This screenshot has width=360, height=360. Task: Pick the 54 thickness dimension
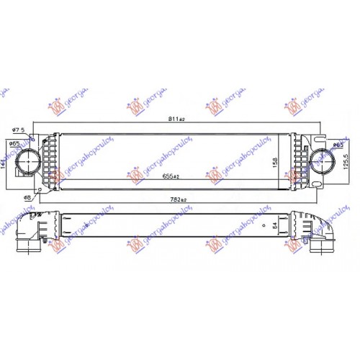pyautogui.click(x=274, y=225)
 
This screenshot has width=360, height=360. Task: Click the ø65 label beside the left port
pyautogui.click(x=14, y=145)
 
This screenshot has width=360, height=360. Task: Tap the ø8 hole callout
pyautogui.click(x=27, y=197)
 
